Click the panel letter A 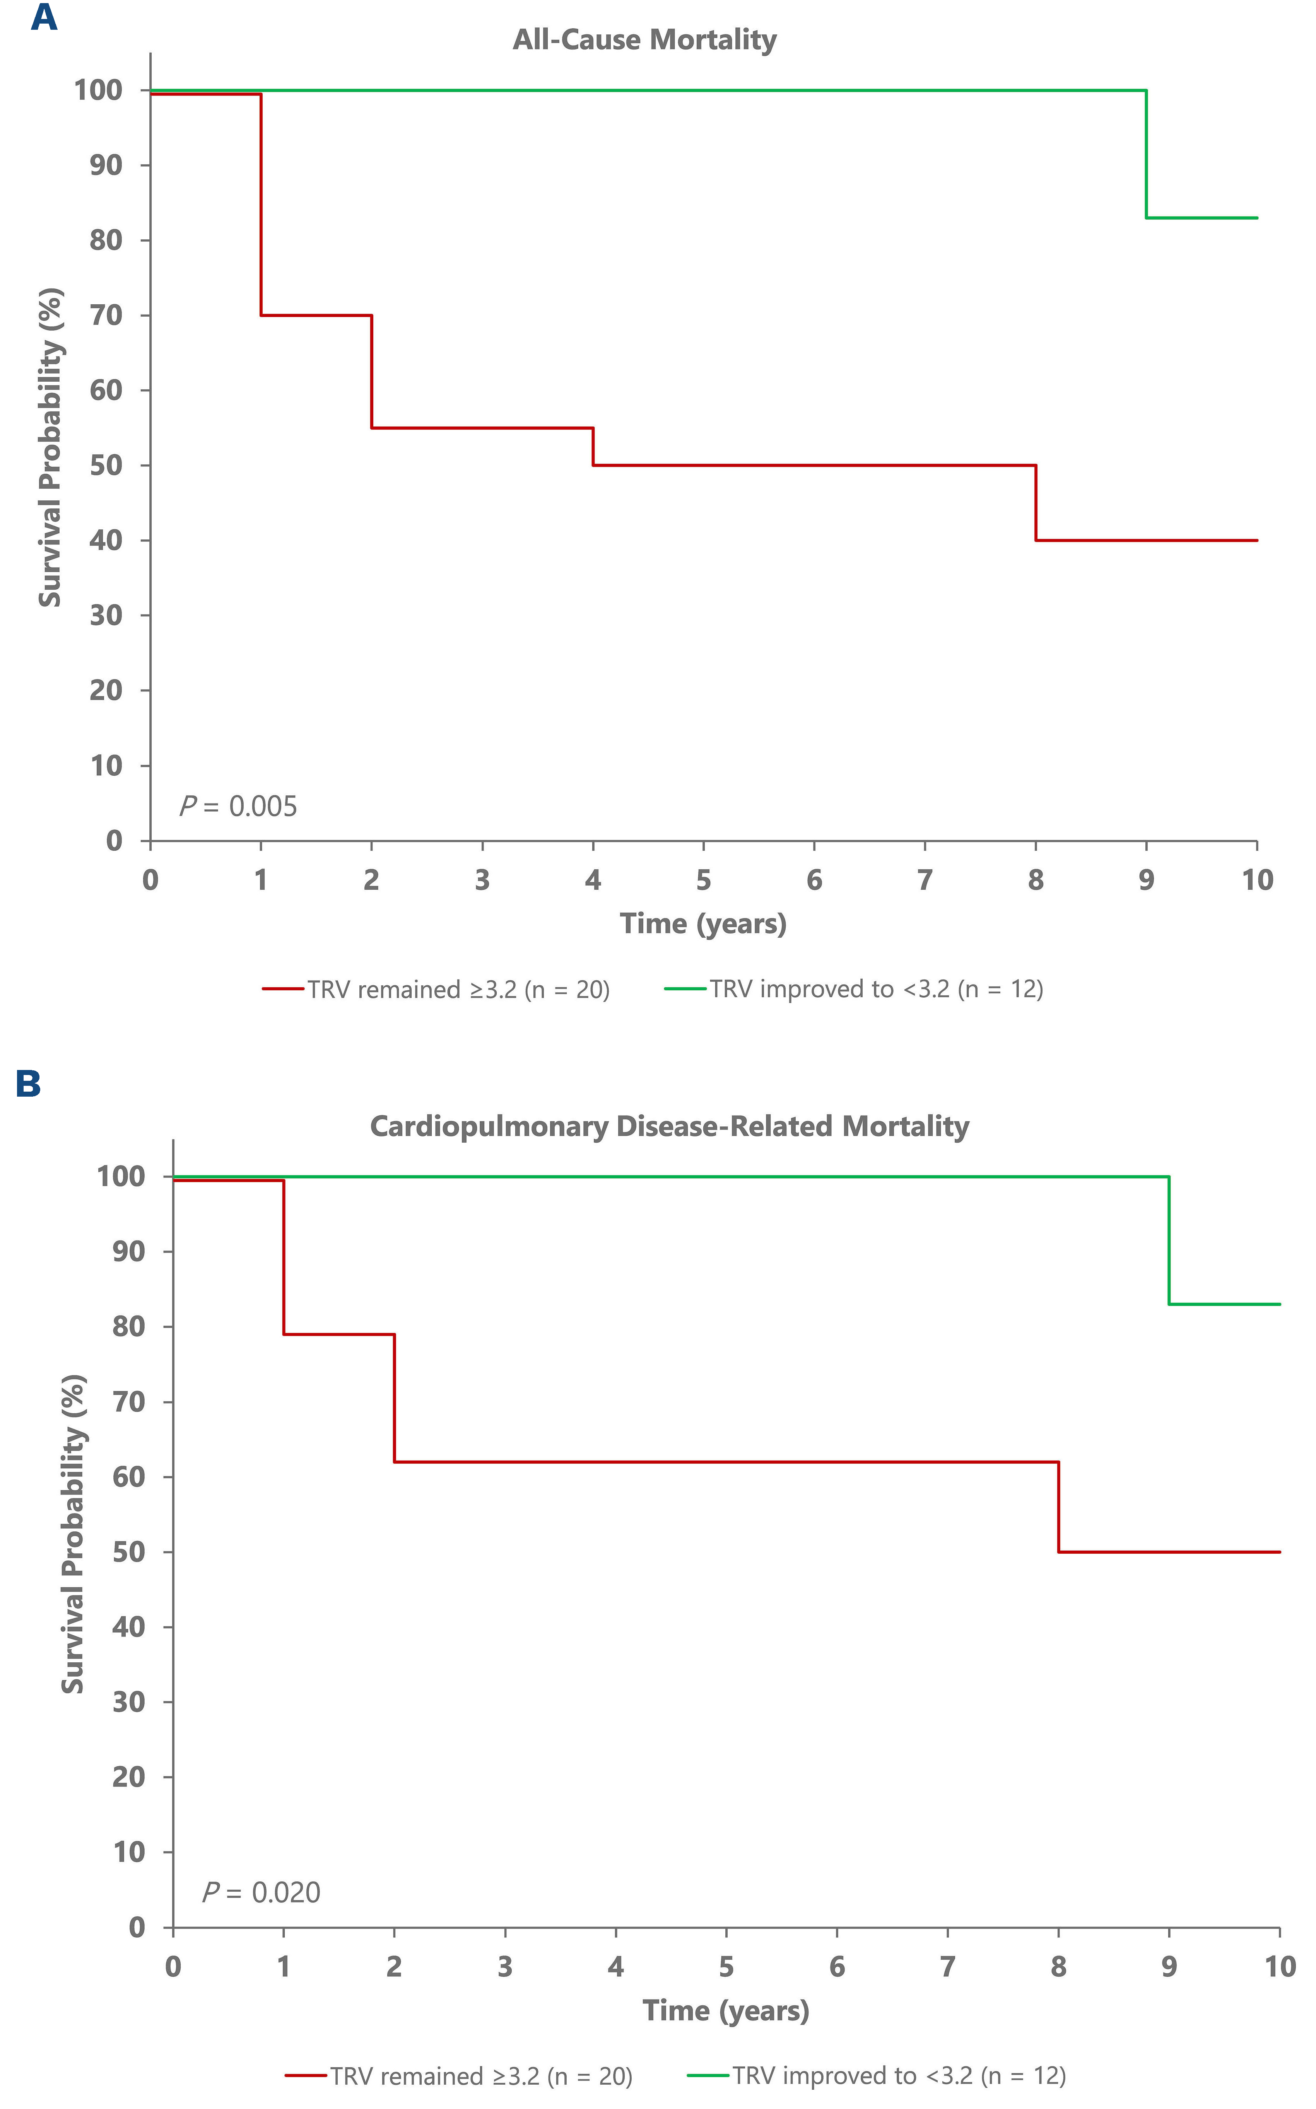pos(43,17)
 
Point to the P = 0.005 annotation pos(238,807)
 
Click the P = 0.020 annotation pos(261,1892)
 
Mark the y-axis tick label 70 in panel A pos(106,315)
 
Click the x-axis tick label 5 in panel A pos(703,880)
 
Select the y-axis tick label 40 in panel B pos(129,1627)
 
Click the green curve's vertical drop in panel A pos(1146,154)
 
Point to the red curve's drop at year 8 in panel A pos(1036,503)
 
